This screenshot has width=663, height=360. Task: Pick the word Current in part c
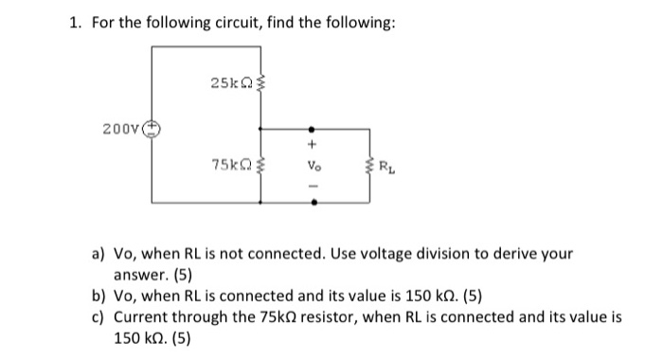[141, 318]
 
